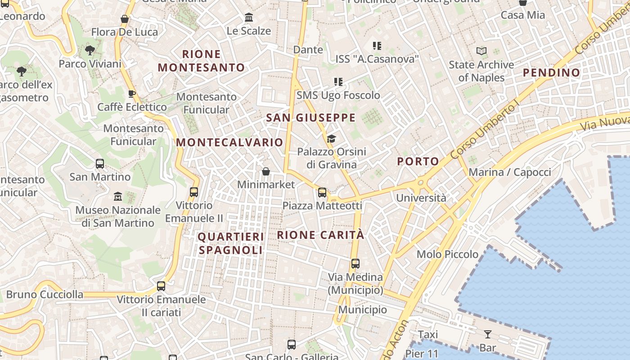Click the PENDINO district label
[551, 72]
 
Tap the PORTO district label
[418, 162]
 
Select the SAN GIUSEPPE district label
[311, 118]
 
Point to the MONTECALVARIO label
[229, 143]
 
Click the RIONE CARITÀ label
[320, 235]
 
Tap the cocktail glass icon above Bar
[487, 334]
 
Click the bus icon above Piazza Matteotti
[322, 193]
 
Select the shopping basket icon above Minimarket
[266, 171]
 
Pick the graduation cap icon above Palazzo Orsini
[332, 139]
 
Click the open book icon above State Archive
[481, 51]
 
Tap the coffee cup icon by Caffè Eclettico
[132, 94]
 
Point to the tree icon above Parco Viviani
[90, 50]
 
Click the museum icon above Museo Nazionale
[118, 197]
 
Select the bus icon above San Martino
[100, 164]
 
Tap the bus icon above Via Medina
[355, 264]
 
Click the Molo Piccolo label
[447, 254]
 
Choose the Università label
[421, 198]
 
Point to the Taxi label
[428, 335]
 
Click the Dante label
[308, 49]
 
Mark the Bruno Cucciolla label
[45, 295]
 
